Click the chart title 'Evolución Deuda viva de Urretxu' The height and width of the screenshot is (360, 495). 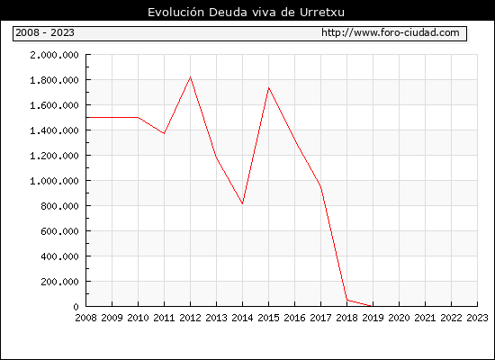click(246, 13)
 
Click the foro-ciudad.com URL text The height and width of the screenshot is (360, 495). click(391, 32)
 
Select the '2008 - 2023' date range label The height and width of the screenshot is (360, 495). click(45, 32)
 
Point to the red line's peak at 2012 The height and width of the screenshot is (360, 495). click(191, 77)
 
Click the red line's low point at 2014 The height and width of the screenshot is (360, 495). click(242, 203)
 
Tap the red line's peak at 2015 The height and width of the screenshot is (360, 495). click(269, 88)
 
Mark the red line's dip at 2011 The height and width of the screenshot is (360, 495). click(164, 133)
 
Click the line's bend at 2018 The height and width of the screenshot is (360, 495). click(346, 300)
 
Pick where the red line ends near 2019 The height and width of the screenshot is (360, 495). click(372, 306)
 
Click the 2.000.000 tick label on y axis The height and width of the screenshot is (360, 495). click(54, 55)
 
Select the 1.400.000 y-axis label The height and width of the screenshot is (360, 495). click(54, 130)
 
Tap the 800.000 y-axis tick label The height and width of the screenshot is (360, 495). click(59, 206)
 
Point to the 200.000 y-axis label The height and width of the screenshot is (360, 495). click(59, 282)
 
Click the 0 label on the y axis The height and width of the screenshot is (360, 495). click(76, 307)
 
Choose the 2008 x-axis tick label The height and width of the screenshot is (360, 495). click(85, 318)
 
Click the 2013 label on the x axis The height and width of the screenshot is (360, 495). click(216, 318)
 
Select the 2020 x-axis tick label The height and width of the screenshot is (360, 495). click(399, 318)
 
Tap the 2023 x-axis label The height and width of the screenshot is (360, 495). click(477, 318)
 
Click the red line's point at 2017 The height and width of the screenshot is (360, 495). click(320, 186)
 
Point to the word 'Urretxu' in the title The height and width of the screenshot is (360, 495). click(322, 13)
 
